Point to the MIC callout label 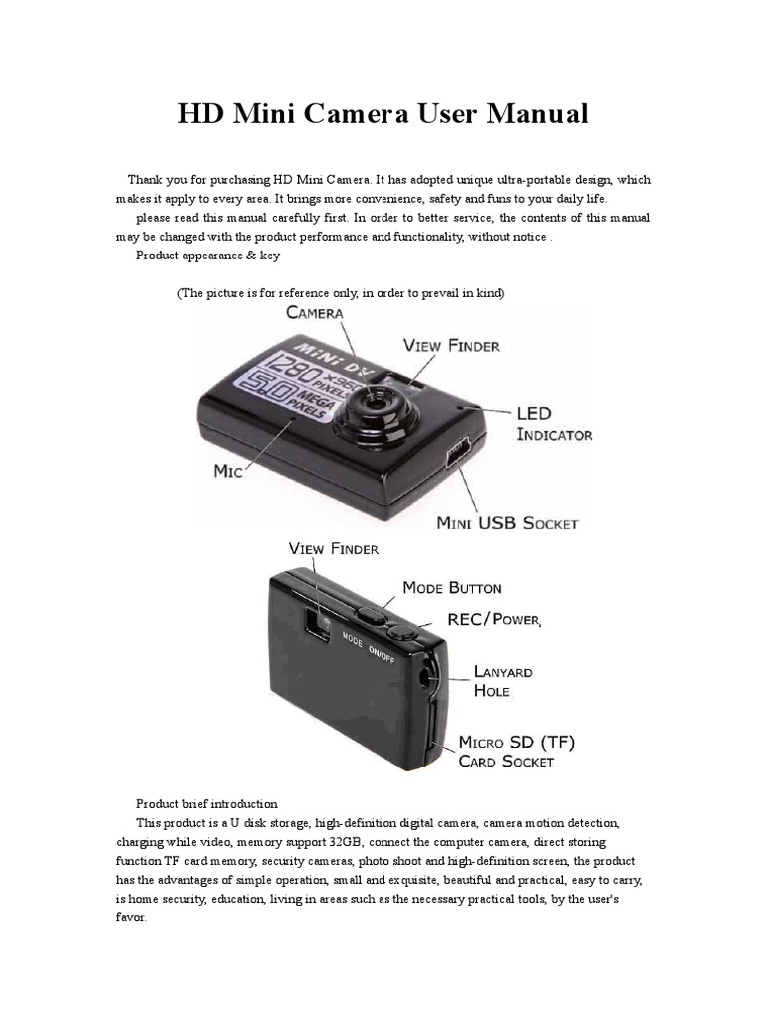pos(228,472)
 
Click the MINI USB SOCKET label pos(508,522)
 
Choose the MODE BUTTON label pos(452,588)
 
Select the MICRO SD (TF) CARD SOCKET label pos(516,752)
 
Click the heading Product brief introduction pos(206,803)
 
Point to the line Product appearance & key pos(207,255)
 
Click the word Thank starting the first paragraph pos(145,180)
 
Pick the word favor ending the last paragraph pos(130,917)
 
